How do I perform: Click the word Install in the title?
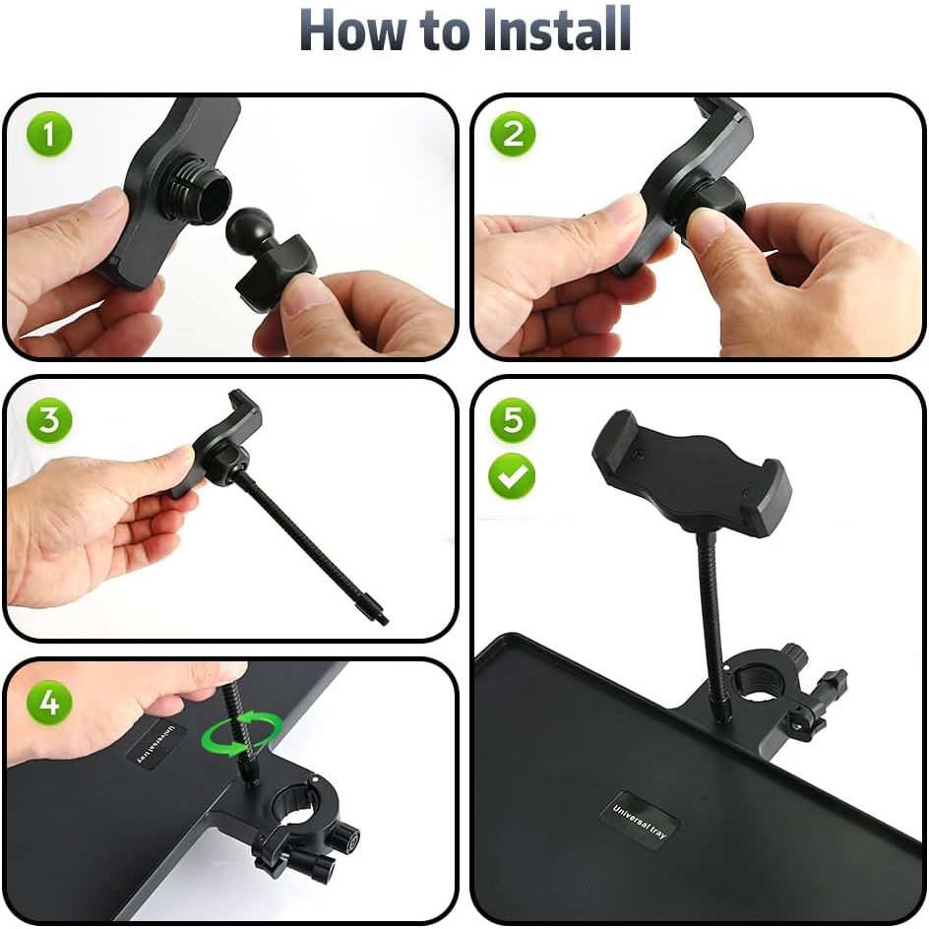point(556,30)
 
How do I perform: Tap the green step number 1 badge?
point(49,134)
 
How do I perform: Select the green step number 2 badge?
point(513,134)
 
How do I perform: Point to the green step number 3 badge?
point(49,419)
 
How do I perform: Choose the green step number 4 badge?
point(49,704)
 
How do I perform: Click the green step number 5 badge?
point(513,419)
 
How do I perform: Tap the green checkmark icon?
point(512,475)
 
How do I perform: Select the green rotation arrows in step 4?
point(242,735)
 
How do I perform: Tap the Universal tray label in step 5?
point(640,821)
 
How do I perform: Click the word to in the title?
point(443,33)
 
